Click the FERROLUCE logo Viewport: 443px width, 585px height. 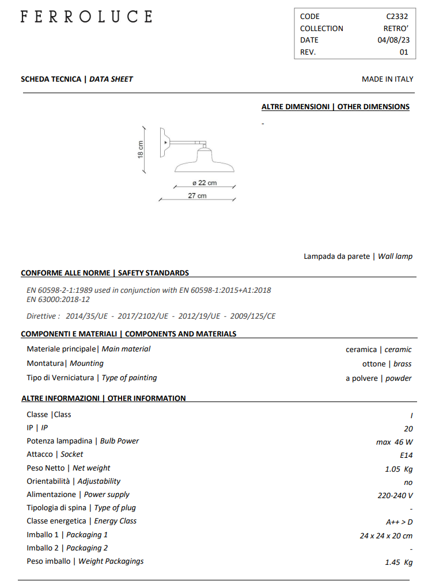tap(86, 17)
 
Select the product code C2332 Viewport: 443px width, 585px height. tap(397, 17)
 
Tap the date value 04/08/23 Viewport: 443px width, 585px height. tap(393, 40)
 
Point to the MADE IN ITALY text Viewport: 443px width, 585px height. tap(387, 79)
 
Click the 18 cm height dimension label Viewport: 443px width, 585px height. tap(140, 150)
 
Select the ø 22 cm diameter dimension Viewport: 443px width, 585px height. tap(205, 183)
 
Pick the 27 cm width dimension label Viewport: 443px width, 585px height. tap(197, 196)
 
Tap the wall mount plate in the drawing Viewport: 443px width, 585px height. tap(163, 141)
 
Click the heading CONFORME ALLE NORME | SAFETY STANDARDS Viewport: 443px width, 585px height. tap(105, 273)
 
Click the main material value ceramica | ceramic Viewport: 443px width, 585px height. tap(378, 350)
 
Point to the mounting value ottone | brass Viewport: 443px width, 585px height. tap(387, 364)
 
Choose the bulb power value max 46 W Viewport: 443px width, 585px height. tap(394, 442)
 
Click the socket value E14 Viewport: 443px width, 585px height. tap(406, 456)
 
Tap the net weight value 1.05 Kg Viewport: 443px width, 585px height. tap(399, 469)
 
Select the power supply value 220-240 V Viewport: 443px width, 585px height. tap(395, 495)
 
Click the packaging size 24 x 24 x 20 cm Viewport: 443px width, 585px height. tap(386, 536)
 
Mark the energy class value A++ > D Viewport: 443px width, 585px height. tap(399, 522)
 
